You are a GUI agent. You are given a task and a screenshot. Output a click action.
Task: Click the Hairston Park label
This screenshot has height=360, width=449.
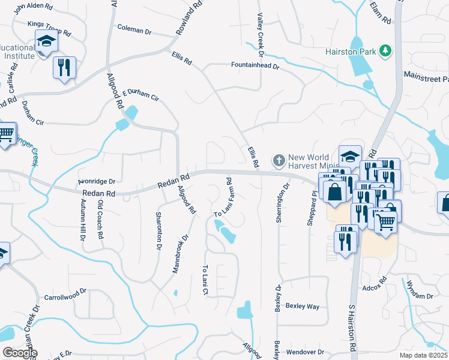pos(350,52)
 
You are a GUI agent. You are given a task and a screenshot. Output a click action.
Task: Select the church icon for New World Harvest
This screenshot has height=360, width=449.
pos(279,160)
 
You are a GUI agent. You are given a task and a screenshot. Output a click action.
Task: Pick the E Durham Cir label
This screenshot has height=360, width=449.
pos(140,95)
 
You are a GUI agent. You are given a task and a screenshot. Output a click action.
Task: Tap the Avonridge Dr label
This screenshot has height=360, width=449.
pos(97,181)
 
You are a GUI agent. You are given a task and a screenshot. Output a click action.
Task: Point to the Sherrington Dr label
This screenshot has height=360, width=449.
pos(279,203)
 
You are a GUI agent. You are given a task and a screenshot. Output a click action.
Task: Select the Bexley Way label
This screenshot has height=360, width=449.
pos(302,306)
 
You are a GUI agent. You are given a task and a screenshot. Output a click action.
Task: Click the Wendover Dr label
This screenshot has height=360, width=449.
pos(306,352)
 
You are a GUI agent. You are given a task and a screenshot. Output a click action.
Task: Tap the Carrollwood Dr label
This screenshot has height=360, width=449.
pos(66,297)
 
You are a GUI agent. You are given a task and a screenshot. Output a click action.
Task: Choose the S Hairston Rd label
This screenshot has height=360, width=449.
pos(352,326)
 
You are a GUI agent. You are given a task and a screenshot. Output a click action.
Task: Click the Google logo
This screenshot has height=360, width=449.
pos(19,352)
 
